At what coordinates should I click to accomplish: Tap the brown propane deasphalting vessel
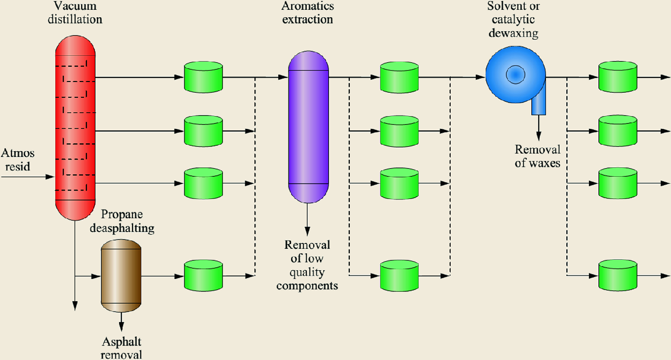(121, 276)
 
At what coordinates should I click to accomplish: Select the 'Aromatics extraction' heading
(308, 13)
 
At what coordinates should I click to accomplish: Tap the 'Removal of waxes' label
(538, 156)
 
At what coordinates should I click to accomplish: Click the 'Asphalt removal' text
(122, 348)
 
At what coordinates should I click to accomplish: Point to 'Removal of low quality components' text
(307, 265)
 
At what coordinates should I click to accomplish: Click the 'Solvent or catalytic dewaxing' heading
(512, 20)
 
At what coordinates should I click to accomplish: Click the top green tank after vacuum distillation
(203, 77)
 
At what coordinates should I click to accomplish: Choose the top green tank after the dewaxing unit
(618, 77)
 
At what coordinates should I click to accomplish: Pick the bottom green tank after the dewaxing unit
(618, 276)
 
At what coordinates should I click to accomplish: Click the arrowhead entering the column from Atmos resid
(49, 176)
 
